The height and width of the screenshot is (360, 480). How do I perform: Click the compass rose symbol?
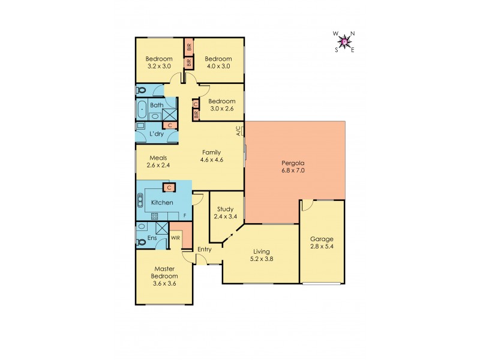tap(344, 41)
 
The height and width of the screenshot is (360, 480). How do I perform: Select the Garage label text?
tap(322, 239)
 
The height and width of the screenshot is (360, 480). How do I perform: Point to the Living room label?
tap(261, 251)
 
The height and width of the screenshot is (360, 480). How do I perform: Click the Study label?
tap(226, 209)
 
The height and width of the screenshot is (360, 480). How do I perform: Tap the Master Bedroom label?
tap(164, 272)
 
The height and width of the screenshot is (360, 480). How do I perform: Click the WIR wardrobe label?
tap(176, 238)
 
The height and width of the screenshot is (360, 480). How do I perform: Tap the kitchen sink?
tap(142, 199)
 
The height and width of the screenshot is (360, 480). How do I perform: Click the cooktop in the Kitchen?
tap(154, 216)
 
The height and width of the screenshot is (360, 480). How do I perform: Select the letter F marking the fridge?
tap(185, 215)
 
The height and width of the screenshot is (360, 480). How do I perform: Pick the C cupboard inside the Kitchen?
tap(169, 188)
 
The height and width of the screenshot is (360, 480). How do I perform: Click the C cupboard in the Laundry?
tap(169, 125)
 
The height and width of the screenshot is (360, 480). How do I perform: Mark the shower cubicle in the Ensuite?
tap(161, 229)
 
